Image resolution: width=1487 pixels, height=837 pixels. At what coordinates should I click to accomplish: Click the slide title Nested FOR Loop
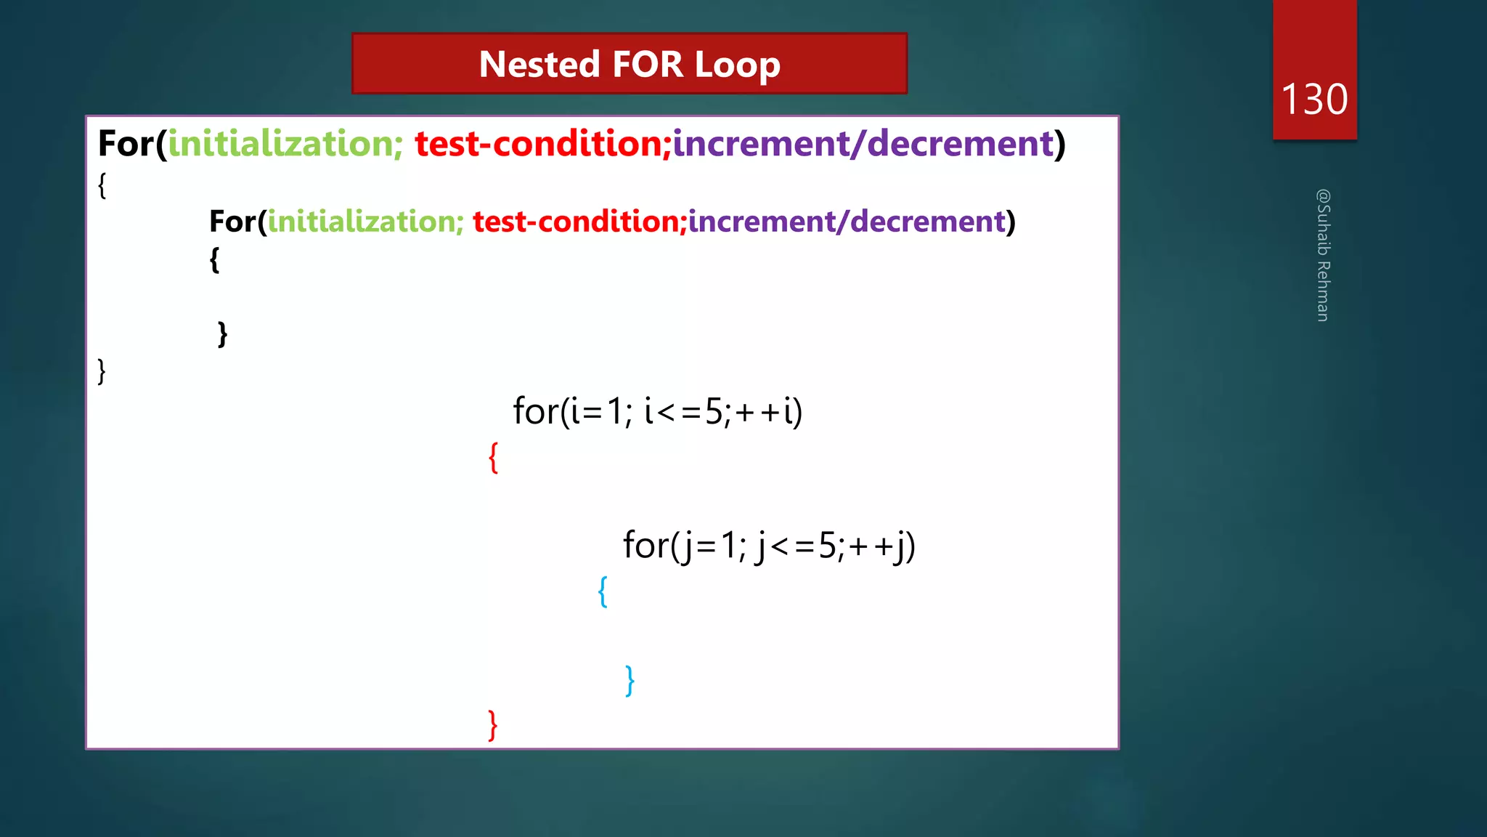(630, 64)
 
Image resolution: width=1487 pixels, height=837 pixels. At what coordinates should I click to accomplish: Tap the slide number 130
(1314, 99)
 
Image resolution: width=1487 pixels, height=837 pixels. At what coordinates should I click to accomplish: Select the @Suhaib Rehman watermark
(1323, 255)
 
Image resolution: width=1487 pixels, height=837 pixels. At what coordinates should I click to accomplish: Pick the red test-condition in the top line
(542, 143)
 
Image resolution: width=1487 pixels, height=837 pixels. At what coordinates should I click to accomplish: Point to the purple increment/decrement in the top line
(863, 143)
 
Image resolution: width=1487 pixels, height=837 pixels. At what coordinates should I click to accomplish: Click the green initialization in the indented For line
(365, 221)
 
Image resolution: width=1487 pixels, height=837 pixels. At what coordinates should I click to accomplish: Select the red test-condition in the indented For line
(579, 221)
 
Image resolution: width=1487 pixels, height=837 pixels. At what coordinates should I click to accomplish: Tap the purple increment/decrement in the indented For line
(847, 221)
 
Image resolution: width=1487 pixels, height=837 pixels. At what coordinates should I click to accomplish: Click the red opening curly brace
(494, 458)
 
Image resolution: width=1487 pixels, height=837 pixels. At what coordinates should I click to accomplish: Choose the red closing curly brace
(493, 725)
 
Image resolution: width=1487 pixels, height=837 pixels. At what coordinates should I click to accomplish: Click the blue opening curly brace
(603, 591)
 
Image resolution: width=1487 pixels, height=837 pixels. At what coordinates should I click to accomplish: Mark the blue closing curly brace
(630, 681)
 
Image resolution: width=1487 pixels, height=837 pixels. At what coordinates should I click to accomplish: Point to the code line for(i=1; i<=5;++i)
(657, 411)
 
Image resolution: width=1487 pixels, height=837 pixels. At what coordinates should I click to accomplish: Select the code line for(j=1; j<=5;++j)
(769, 545)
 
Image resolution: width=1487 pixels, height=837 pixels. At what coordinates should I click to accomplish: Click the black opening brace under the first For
(102, 185)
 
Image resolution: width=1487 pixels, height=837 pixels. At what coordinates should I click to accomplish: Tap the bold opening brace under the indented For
(214, 259)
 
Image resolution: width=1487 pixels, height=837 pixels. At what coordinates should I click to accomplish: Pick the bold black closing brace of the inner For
(222, 334)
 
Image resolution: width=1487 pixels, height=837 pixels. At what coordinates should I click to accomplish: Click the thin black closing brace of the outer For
(102, 371)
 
